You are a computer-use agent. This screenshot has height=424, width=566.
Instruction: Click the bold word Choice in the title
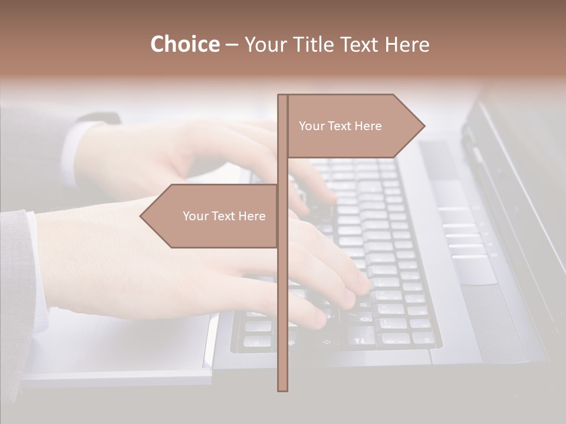pos(185,45)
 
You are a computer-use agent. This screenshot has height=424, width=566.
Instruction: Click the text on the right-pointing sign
pos(340,126)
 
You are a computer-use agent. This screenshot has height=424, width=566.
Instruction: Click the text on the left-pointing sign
pos(224,216)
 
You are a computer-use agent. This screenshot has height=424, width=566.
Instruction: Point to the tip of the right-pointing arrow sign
pos(423,125)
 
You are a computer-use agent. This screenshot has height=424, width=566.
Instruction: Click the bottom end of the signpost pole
pos(282,389)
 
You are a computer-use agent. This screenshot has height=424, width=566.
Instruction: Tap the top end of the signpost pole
pos(282,97)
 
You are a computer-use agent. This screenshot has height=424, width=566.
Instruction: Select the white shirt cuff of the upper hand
pos(71,153)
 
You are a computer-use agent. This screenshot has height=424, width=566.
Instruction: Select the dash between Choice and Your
pos(232,45)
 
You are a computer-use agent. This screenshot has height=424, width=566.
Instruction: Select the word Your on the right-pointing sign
pos(312,126)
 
